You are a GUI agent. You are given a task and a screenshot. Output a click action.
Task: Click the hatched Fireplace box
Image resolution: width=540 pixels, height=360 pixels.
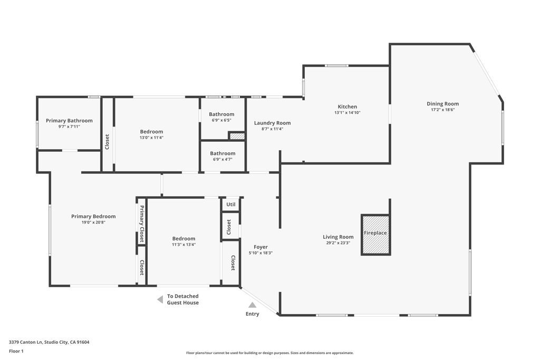(375, 235)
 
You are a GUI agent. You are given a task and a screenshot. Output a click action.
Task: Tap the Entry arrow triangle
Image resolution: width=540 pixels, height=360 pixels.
(253, 305)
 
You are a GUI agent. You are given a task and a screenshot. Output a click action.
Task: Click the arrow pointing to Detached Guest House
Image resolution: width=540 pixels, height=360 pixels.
(160, 299)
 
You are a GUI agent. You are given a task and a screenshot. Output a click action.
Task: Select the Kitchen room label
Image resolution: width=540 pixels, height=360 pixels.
(347, 106)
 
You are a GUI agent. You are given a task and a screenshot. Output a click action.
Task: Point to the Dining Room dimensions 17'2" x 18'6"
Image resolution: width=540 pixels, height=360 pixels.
(442, 110)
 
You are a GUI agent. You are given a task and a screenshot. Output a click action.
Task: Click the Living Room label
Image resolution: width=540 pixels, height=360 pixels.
(338, 237)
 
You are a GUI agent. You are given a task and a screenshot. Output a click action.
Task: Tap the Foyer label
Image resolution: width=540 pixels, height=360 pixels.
(261, 247)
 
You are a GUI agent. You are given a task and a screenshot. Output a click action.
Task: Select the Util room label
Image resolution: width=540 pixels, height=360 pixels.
(230, 204)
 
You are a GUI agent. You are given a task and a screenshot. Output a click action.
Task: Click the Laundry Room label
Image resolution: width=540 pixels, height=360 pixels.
(272, 123)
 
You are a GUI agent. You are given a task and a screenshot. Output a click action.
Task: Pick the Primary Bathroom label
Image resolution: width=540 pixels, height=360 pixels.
(69, 120)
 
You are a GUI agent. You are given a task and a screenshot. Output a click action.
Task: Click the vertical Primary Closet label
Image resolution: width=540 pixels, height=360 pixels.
(141, 222)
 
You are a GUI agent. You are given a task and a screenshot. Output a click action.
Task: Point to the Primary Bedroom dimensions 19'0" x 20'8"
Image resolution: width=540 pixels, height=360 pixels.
(93, 222)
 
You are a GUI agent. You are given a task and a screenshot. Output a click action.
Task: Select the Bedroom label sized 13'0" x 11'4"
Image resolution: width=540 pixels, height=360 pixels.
(151, 131)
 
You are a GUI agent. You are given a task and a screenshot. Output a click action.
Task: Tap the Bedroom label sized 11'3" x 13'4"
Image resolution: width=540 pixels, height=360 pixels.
(184, 238)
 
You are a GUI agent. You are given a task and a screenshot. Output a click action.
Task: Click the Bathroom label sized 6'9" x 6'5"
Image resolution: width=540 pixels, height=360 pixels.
(221, 114)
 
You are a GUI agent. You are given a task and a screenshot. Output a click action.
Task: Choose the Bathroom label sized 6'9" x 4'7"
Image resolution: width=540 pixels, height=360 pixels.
(223, 153)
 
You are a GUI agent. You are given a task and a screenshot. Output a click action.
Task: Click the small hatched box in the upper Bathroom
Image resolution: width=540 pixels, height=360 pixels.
(237, 136)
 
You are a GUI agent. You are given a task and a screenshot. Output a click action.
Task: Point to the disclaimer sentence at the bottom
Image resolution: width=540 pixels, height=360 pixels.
(269, 353)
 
